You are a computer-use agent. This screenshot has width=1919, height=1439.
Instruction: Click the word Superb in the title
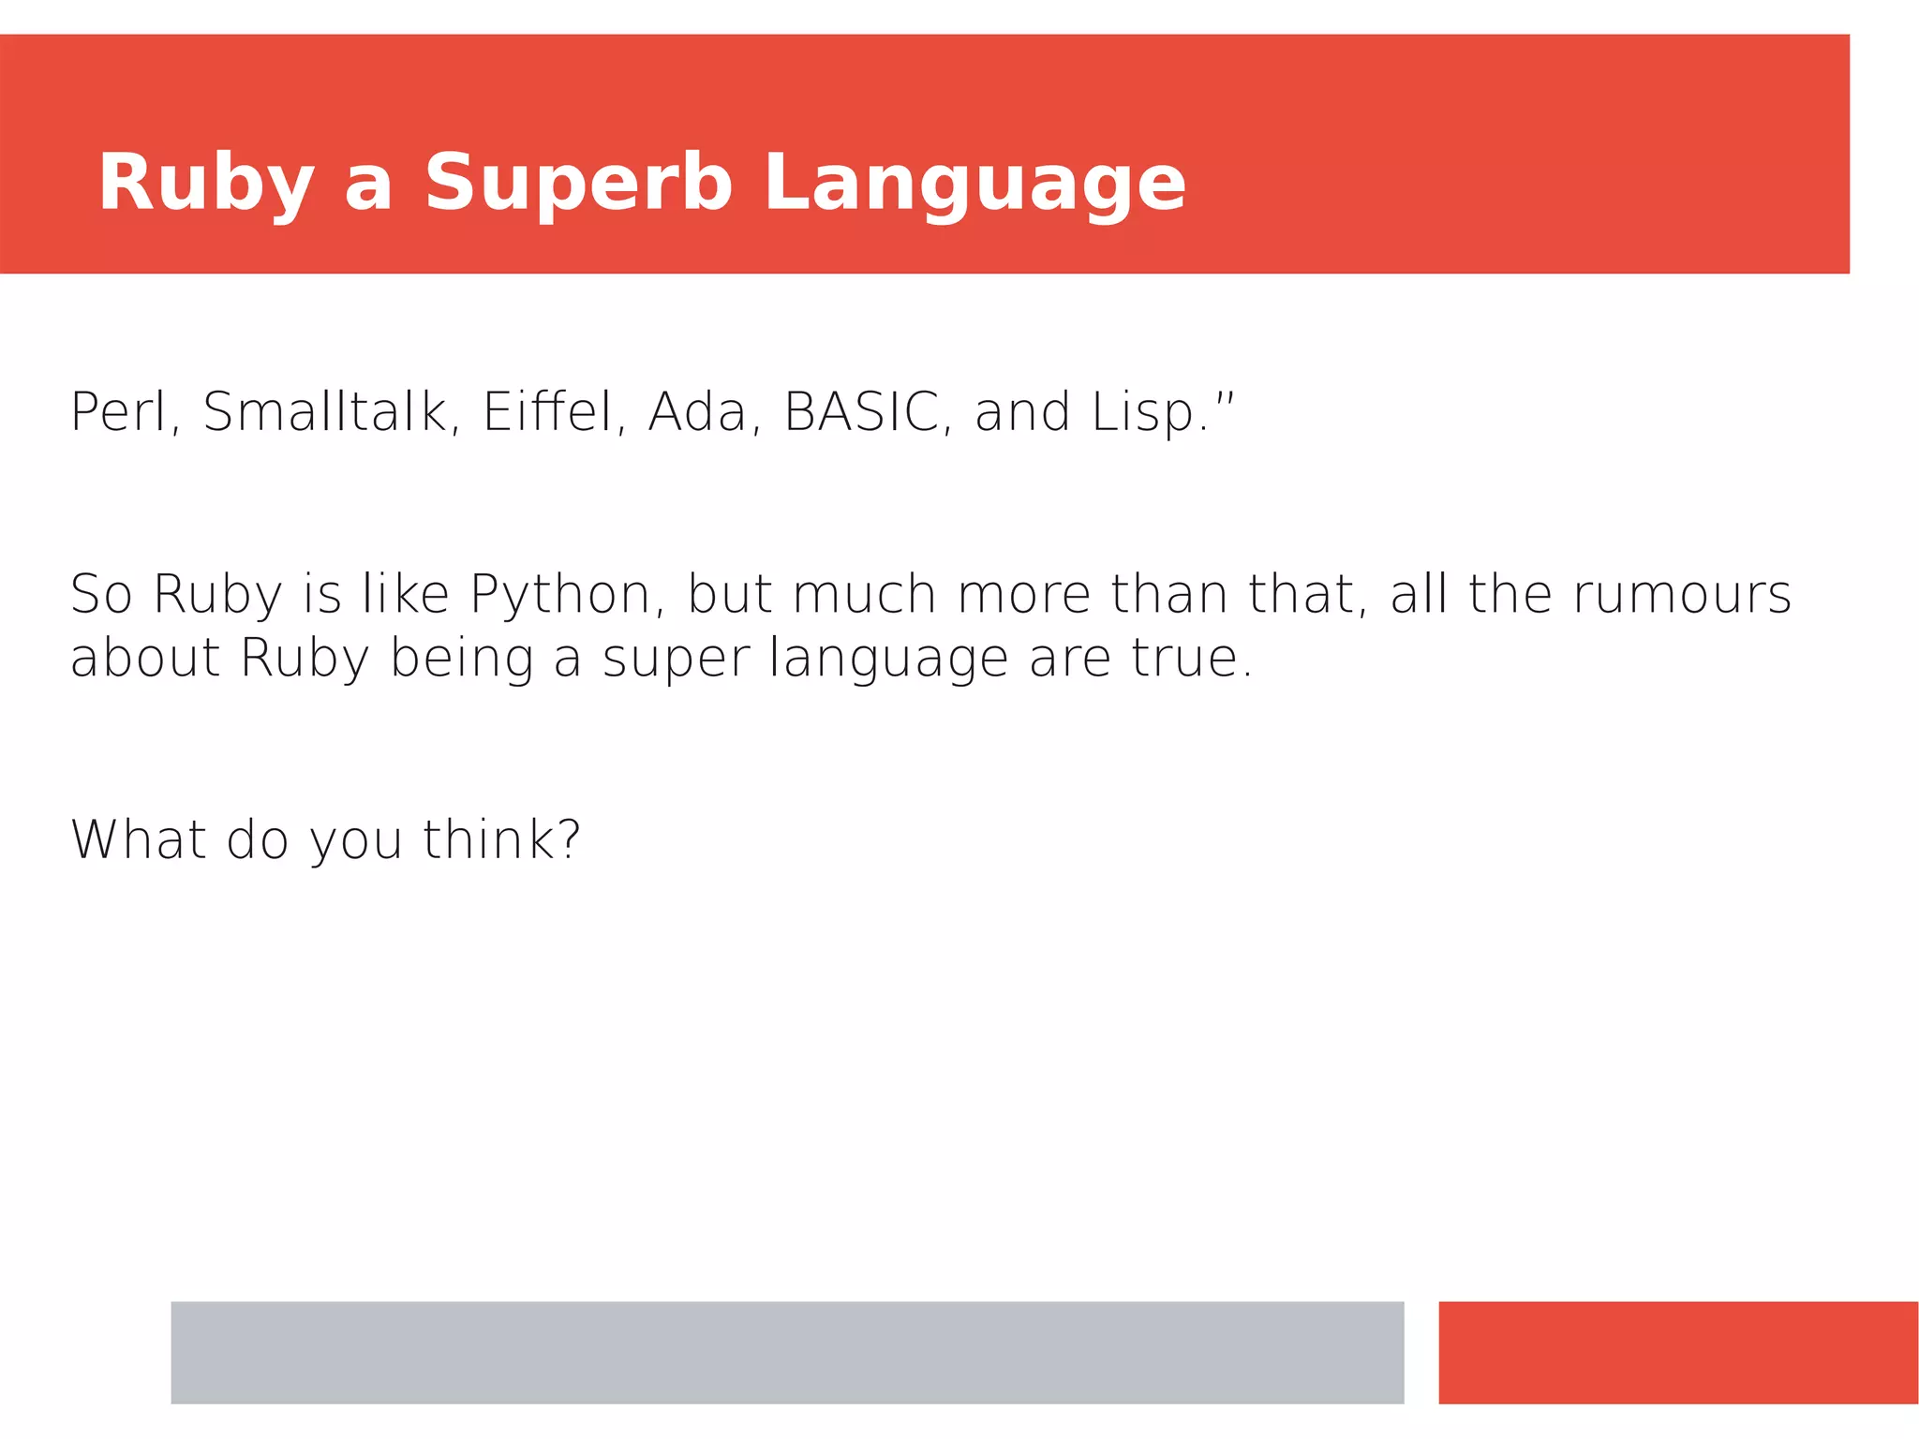point(577,183)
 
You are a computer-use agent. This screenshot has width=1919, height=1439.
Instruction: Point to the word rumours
point(1682,594)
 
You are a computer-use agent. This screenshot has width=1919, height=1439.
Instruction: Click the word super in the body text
point(676,660)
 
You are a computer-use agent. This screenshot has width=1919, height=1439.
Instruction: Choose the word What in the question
point(138,838)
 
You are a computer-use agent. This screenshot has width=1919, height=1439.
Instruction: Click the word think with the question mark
point(500,838)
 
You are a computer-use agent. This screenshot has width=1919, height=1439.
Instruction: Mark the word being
point(461,660)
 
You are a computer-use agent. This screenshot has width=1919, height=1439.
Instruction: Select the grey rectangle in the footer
point(787,1352)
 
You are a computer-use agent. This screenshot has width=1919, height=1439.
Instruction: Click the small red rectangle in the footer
point(1678,1352)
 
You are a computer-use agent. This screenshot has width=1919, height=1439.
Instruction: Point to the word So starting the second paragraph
point(101,594)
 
